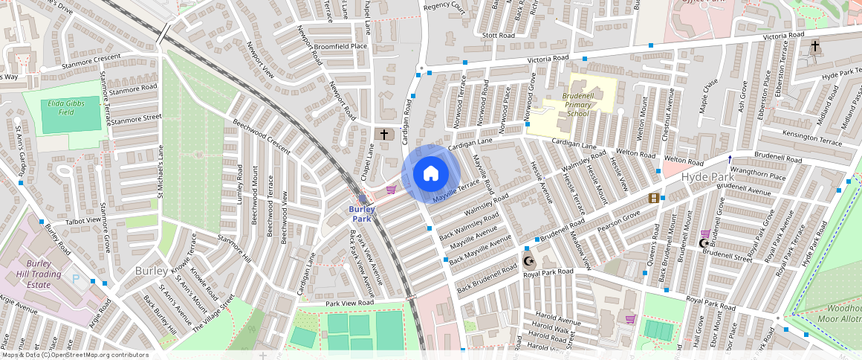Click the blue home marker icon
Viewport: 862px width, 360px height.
pos(430,174)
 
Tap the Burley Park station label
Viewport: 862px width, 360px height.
pos(361,214)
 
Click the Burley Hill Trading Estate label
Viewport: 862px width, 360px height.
pos(38,274)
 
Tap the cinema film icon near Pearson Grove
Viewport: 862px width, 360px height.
pos(653,197)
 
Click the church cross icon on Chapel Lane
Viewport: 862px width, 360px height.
pos(384,135)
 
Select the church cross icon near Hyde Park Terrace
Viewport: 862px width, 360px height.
pos(815,47)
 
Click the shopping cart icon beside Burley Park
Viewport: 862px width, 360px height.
pos(391,190)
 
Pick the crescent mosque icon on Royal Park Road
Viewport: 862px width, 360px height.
pos(529,261)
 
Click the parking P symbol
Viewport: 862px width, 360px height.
pos(76,278)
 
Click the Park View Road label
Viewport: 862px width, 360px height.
pos(349,303)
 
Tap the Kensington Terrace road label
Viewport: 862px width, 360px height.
pos(806,139)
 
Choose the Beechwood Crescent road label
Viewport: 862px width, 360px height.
pos(261,137)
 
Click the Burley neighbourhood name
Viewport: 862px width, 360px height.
pos(152,271)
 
